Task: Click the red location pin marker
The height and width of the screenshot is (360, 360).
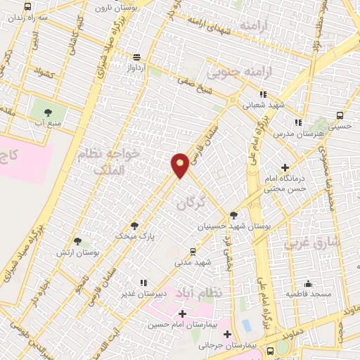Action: tap(180, 165)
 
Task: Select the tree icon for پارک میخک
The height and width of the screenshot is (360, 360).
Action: tap(134, 226)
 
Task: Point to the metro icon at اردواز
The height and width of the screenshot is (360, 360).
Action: tap(136, 57)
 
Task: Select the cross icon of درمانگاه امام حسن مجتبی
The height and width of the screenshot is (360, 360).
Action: tap(285, 167)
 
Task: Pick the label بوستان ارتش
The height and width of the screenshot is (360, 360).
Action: tap(96, 252)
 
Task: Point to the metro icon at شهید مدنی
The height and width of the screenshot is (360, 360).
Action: tap(193, 250)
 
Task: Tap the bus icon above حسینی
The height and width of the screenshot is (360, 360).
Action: tap(340, 116)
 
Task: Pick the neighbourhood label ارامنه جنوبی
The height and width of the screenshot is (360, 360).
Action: tap(233, 72)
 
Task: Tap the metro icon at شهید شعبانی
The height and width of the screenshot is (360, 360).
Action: tap(263, 94)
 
